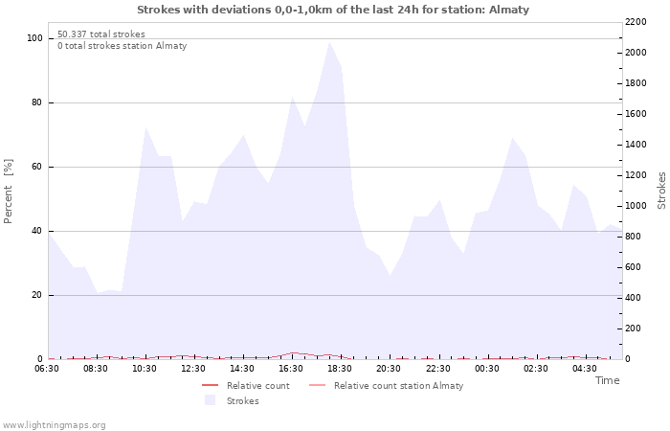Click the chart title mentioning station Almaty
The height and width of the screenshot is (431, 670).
pyautogui.click(x=332, y=10)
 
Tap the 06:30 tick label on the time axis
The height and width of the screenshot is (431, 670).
pyautogui.click(x=47, y=368)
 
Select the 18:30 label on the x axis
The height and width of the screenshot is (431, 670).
pyautogui.click(x=340, y=368)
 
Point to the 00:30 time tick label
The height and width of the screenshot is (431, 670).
pyautogui.click(x=487, y=368)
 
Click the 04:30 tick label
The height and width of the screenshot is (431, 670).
pyautogui.click(x=585, y=368)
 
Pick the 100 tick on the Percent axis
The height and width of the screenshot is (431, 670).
pyautogui.click(x=34, y=38)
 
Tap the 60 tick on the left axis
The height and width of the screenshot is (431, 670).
pyautogui.click(x=36, y=167)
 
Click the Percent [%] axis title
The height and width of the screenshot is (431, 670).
pyautogui.click(x=9, y=192)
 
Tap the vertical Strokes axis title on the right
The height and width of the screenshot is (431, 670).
pyautogui.click(x=661, y=190)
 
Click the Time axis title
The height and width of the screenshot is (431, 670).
pyautogui.click(x=607, y=380)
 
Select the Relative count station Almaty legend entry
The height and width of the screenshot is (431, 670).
pyautogui.click(x=398, y=386)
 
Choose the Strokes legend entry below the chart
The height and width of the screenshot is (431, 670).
pyautogui.click(x=242, y=401)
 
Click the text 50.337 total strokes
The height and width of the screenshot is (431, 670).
pyautogui.click(x=101, y=34)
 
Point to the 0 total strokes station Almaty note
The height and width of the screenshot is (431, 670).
pyautogui.click(x=122, y=46)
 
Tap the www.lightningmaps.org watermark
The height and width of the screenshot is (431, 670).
pyautogui.click(x=54, y=424)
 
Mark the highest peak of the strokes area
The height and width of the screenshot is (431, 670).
pyautogui.click(x=329, y=41)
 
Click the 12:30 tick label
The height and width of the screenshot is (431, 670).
pyautogui.click(x=193, y=368)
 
